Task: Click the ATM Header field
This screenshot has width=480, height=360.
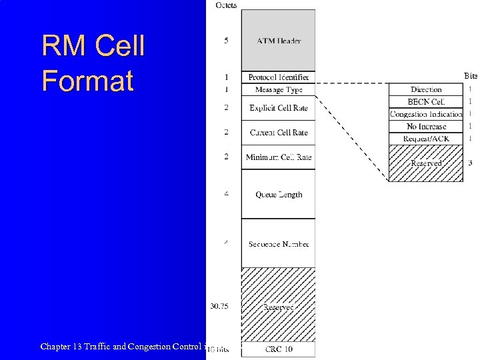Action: click(x=278, y=41)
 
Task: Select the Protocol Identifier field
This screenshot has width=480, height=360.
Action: click(x=278, y=77)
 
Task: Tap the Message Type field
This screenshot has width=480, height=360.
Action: click(x=278, y=89)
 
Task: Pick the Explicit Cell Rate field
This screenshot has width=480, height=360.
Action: click(x=278, y=108)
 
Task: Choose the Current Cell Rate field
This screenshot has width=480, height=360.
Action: click(x=278, y=133)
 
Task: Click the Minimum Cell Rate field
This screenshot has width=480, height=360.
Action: click(x=278, y=157)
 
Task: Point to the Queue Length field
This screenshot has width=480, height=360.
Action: click(x=278, y=195)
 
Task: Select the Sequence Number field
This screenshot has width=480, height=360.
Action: click(x=278, y=244)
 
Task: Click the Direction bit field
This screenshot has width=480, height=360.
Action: click(x=426, y=89)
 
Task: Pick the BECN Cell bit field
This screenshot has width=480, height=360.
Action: click(x=426, y=102)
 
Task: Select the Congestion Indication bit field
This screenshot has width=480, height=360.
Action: click(x=426, y=114)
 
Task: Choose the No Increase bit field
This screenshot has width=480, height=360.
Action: click(x=426, y=127)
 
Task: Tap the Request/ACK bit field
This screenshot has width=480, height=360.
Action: click(x=426, y=139)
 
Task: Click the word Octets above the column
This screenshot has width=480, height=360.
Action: click(x=226, y=5)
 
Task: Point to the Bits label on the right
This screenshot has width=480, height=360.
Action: click(x=471, y=76)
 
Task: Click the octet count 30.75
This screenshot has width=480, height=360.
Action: click(x=220, y=306)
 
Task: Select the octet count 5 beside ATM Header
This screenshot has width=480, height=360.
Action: click(x=226, y=41)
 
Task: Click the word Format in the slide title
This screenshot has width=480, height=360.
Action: click(x=87, y=81)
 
